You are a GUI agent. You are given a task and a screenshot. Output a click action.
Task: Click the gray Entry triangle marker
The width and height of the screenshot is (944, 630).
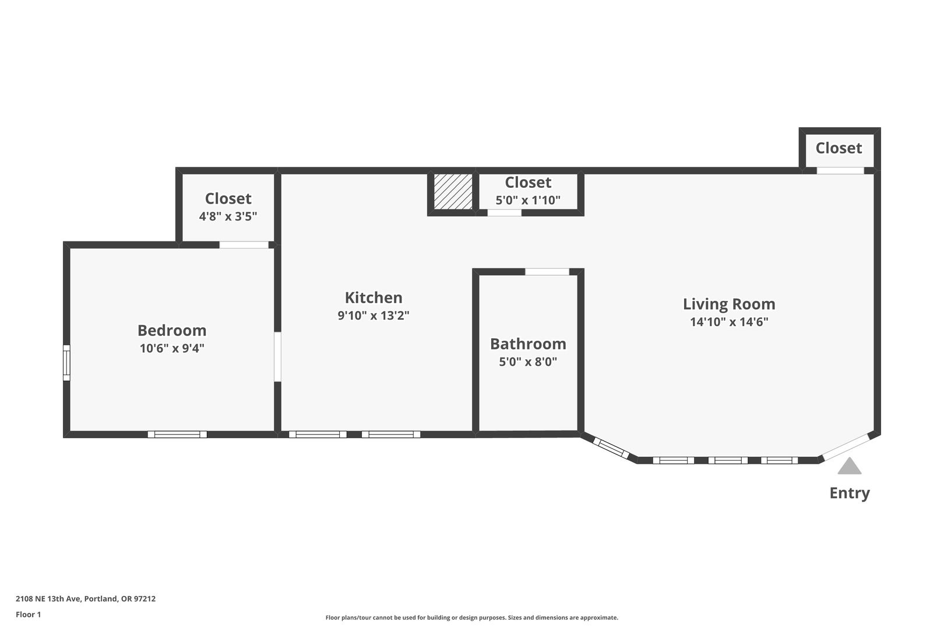[x=850, y=467]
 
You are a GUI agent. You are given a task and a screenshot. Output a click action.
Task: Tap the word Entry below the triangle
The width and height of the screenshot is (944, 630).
[x=850, y=494]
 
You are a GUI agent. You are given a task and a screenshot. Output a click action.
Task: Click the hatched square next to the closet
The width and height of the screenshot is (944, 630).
[x=453, y=191]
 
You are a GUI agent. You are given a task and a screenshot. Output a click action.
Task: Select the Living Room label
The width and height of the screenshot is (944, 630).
[x=729, y=304]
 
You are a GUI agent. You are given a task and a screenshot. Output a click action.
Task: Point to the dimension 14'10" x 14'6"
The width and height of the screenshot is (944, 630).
[x=729, y=322]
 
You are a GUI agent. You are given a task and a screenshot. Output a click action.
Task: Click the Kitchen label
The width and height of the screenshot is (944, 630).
[x=374, y=297]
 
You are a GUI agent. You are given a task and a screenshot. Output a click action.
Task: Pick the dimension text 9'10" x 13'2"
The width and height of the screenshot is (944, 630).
[x=374, y=316]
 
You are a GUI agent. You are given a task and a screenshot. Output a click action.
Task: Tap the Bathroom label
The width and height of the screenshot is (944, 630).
[x=528, y=344]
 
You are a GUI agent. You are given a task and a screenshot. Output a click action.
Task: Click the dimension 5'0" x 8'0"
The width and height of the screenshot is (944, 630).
[x=528, y=362]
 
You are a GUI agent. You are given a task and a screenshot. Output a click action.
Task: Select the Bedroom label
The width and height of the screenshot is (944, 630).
[x=172, y=330]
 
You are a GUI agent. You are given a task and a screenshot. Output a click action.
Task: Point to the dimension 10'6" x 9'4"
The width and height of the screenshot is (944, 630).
[x=172, y=348]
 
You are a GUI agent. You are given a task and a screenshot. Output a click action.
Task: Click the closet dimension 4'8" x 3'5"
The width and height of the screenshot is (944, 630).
[x=228, y=216]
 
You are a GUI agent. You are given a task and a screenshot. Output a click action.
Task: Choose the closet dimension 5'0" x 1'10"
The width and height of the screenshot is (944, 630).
[x=528, y=200]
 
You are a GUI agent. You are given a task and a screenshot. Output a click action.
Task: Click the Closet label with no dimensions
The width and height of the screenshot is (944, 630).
[x=839, y=148]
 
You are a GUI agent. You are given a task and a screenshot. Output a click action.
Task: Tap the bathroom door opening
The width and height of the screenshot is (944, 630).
[x=547, y=272]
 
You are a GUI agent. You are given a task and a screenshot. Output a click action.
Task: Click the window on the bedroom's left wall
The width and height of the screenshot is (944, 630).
[x=66, y=362]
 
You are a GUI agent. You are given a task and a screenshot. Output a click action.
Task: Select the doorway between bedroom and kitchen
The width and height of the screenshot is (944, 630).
[x=277, y=356]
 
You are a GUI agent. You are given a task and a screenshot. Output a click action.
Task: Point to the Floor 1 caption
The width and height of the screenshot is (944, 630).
[x=28, y=614]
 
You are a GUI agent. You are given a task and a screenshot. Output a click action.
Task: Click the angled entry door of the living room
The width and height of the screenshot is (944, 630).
[x=846, y=447]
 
